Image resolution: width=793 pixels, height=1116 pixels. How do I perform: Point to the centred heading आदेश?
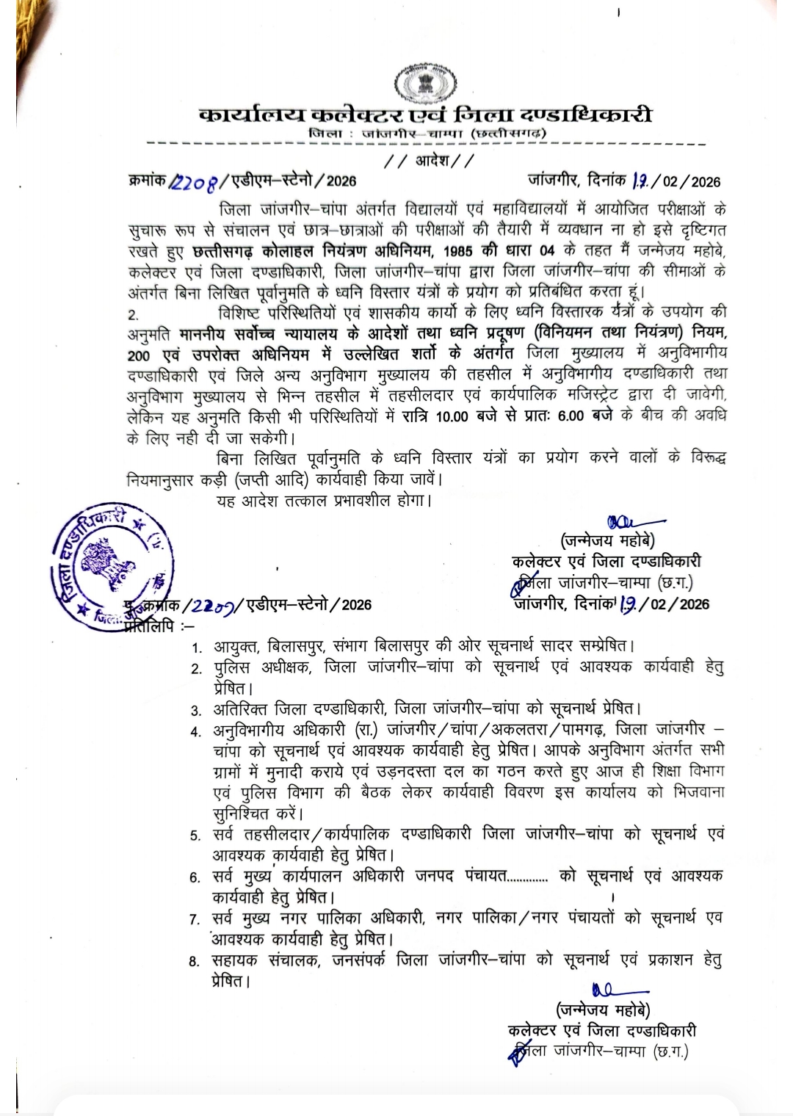430,161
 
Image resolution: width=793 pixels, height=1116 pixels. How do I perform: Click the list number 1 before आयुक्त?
196,648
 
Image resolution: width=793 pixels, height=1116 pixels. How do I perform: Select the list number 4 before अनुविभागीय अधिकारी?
196,731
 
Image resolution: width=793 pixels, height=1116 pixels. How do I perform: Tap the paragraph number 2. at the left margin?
133,316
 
